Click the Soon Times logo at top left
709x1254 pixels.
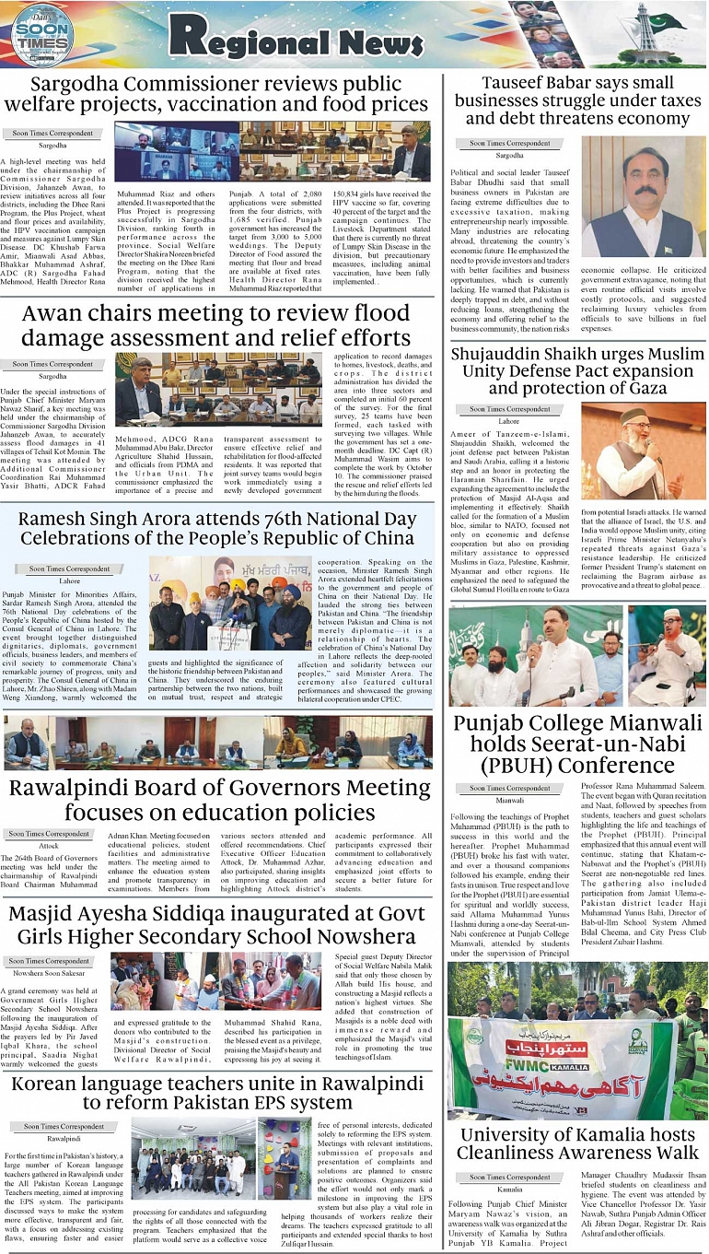click(41, 35)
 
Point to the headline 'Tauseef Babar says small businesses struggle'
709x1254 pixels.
click(577, 100)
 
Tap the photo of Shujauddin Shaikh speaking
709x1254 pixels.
click(643, 450)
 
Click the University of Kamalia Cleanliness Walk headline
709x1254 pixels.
click(577, 1143)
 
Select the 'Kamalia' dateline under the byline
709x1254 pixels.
click(509, 1190)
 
